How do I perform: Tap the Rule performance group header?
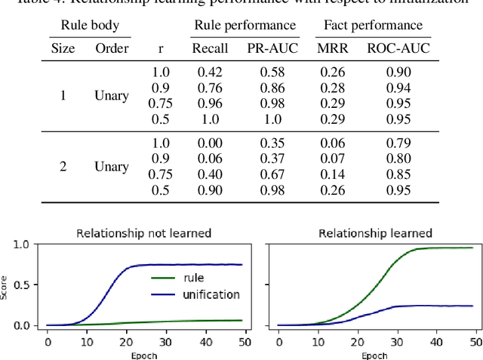[245, 26]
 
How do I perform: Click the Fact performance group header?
[373, 26]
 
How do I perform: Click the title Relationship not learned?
[143, 233]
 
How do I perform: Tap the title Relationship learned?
[374, 233]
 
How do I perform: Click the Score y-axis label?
[6, 285]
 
